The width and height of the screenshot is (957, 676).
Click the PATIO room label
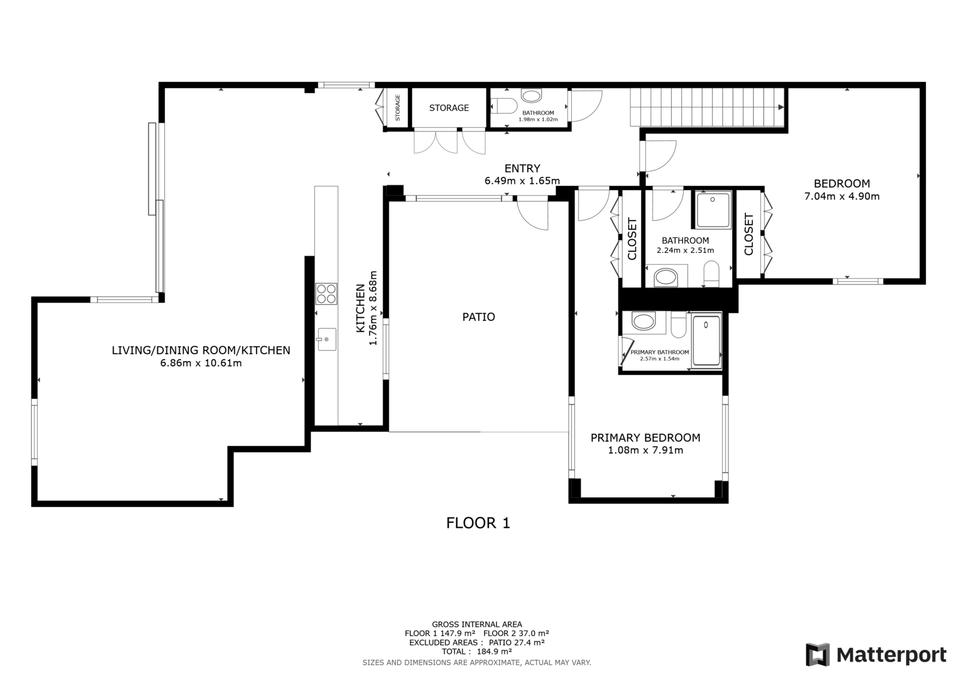[478, 317]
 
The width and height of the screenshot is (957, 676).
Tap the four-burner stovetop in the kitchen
[326, 294]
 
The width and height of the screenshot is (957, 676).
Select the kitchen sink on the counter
[327, 339]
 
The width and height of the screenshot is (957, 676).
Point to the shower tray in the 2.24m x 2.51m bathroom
[712, 210]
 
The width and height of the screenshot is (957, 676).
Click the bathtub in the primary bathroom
[706, 341]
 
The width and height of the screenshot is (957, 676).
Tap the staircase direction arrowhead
[781, 107]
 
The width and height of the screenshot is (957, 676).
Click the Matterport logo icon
[818, 654]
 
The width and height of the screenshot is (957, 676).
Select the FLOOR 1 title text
[478, 523]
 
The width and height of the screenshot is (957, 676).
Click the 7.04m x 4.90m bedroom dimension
[842, 197]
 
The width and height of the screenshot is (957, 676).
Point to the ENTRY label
[522, 168]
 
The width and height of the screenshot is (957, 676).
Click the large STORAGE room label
[449, 108]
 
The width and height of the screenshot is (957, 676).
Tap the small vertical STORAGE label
[398, 108]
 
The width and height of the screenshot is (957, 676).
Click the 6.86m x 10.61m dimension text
[201, 363]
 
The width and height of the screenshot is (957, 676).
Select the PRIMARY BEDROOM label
[645, 438]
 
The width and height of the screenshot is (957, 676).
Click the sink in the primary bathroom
[644, 321]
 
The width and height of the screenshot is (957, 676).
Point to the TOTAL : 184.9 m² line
[477, 651]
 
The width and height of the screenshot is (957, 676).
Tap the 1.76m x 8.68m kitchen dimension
[373, 308]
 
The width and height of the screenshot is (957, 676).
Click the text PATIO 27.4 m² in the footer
[517, 643]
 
